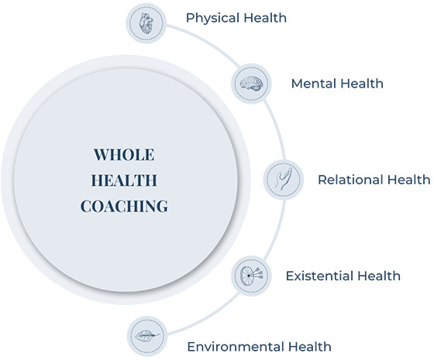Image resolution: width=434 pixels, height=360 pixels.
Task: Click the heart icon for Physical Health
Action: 146,23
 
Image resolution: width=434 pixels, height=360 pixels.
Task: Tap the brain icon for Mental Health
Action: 251,84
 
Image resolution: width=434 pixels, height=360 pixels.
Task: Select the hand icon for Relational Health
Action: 283,179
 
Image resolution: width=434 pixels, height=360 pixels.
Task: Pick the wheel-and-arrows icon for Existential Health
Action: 252,276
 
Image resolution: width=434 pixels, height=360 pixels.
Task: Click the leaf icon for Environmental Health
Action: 147,336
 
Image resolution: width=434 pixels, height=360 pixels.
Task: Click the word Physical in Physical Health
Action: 212,19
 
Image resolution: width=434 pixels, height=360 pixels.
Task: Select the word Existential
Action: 319,276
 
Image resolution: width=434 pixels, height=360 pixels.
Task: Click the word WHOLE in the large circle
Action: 124,155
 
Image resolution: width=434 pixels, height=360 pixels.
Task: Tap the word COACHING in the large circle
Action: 124,206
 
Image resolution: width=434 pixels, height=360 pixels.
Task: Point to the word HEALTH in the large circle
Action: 124,180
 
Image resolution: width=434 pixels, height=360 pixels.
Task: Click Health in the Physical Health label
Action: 265,18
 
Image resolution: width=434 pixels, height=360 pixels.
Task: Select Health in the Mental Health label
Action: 361,84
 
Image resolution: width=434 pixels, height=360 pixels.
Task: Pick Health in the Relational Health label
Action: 408,180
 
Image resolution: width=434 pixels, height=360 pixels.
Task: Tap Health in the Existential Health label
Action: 378,276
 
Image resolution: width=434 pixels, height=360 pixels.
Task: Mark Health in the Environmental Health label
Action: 309,347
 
